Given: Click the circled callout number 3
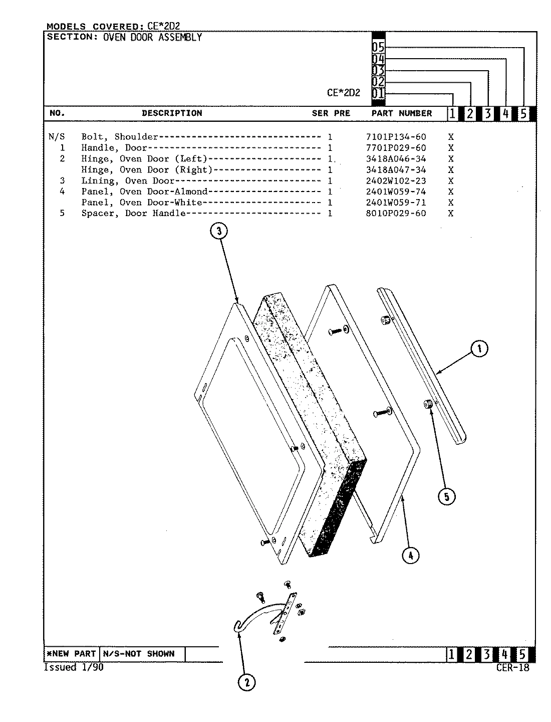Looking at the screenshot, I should point(219,231).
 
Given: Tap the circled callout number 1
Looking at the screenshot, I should point(479,349).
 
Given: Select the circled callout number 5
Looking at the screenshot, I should point(446,497).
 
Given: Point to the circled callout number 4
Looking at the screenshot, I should point(410,555).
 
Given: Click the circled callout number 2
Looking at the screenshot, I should point(246,682).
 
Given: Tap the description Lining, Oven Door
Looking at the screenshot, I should point(128,181).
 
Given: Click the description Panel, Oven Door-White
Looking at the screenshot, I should point(142,203).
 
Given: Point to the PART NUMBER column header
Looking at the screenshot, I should point(401,113).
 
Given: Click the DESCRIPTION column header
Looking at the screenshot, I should point(172,113).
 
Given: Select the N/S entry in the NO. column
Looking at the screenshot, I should point(55,137).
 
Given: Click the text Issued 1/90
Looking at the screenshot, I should point(74,667).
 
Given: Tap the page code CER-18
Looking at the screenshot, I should point(512,667).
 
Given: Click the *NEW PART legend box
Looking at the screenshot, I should point(71,654).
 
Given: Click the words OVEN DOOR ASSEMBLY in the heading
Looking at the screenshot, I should point(152,37).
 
